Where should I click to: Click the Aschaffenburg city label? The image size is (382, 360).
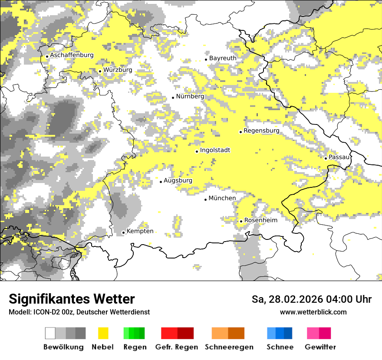click(72, 56)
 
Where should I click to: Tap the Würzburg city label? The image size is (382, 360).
click(118, 70)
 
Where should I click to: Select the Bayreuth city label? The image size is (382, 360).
click(223, 58)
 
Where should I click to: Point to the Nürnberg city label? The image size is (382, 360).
click(190, 96)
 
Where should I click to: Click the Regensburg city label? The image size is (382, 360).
click(261, 131)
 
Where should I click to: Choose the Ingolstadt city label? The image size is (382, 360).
click(215, 151)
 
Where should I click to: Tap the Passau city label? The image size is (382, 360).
click(339, 157)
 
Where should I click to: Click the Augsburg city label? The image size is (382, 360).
click(178, 181)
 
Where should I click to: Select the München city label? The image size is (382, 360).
click(222, 198)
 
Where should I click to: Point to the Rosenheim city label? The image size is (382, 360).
click(260, 220)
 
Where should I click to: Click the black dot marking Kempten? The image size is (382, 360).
click(123, 232)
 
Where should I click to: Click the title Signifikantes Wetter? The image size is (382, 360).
click(72, 299)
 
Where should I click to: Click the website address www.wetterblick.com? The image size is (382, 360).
click(313, 312)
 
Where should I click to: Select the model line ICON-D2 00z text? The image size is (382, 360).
click(79, 312)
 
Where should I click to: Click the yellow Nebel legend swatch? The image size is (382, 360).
click(103, 333)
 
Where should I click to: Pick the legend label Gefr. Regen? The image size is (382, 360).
click(177, 347)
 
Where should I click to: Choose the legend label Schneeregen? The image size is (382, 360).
click(229, 347)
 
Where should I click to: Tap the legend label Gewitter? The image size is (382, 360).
click(320, 347)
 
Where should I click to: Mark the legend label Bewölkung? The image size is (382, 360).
click(63, 347)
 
